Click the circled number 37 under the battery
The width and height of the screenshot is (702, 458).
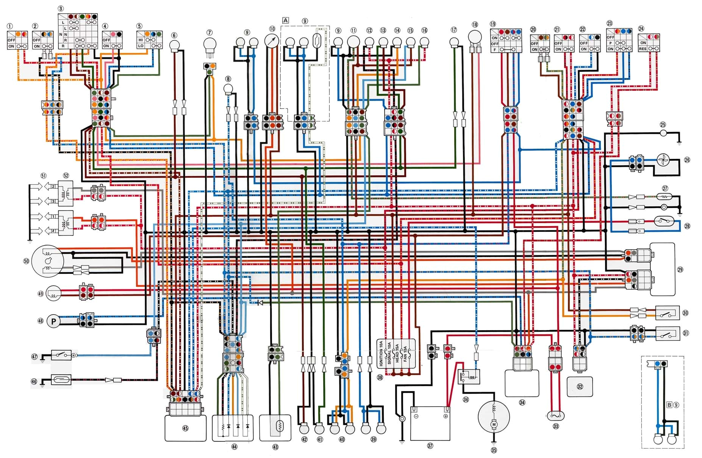430,446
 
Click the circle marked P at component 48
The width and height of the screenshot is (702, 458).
53,321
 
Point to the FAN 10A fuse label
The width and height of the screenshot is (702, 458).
405,354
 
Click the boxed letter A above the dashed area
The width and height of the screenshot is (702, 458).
286,20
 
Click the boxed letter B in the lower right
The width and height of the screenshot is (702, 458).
669,405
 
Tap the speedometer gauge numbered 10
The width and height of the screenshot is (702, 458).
272,41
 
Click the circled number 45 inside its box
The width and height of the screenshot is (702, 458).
185,429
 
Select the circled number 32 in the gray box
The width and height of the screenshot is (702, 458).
580,387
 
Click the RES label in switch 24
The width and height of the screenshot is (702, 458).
643,49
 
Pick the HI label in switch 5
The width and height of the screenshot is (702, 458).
141,40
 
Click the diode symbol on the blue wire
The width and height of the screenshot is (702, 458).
260,303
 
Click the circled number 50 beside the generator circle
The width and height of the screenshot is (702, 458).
26,261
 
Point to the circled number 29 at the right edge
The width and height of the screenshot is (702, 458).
680,270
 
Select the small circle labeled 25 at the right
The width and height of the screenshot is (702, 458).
663,133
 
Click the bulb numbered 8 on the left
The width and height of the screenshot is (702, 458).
228,90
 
